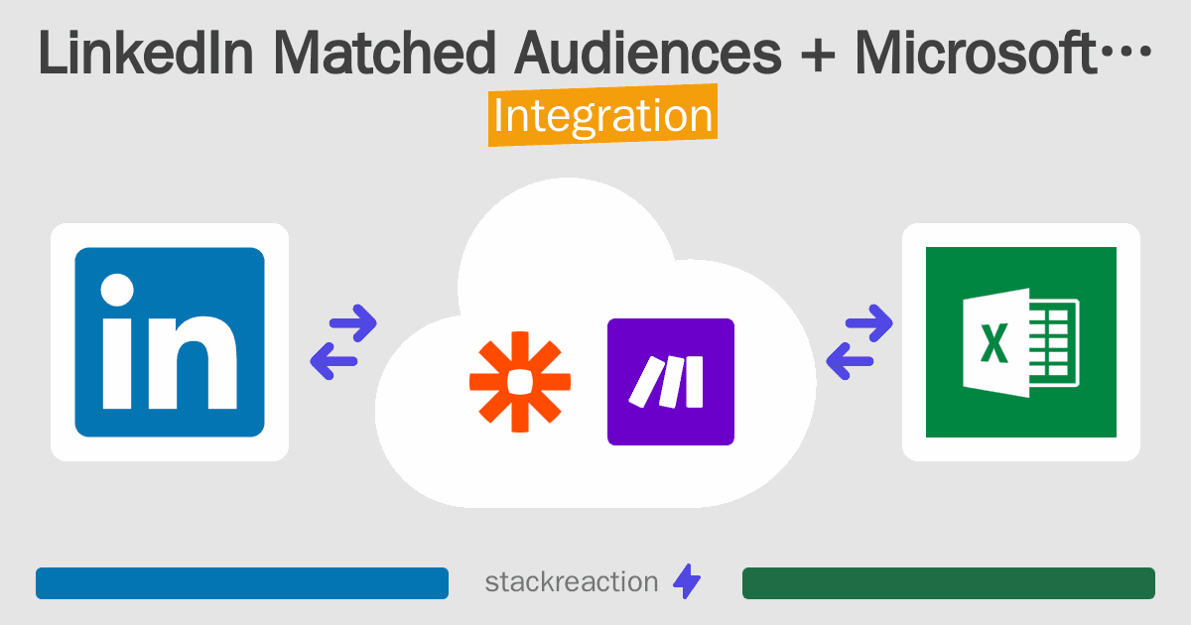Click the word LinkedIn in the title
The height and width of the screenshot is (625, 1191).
[x=146, y=53]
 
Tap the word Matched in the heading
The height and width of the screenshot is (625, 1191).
[x=385, y=53]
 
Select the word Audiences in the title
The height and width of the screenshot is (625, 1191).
[x=648, y=53]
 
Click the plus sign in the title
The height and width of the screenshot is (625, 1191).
[x=818, y=55]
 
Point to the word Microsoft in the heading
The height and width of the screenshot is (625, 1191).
[x=977, y=53]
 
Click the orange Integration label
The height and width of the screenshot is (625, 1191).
[x=603, y=115]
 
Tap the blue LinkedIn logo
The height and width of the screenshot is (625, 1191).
[x=170, y=341]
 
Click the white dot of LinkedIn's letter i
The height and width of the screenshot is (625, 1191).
[x=117, y=290]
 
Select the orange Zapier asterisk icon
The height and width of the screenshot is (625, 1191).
[x=520, y=382]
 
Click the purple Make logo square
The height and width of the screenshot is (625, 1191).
[x=671, y=382]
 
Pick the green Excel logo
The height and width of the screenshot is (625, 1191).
[x=1021, y=341]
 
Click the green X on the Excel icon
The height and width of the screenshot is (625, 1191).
[x=993, y=343]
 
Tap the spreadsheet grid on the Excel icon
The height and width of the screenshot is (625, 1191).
[x=1053, y=343]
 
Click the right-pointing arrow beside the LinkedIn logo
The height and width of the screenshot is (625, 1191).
[x=353, y=322]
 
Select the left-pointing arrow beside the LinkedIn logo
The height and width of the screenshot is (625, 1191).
[x=333, y=361]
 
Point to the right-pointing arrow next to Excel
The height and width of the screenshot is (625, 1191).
[x=868, y=322]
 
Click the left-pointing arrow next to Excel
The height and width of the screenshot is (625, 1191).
[x=850, y=361]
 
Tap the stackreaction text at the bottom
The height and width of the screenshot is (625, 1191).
[x=572, y=582]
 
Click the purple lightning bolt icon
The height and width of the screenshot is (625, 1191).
[x=687, y=581]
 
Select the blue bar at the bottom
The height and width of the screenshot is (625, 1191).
[x=242, y=583]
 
